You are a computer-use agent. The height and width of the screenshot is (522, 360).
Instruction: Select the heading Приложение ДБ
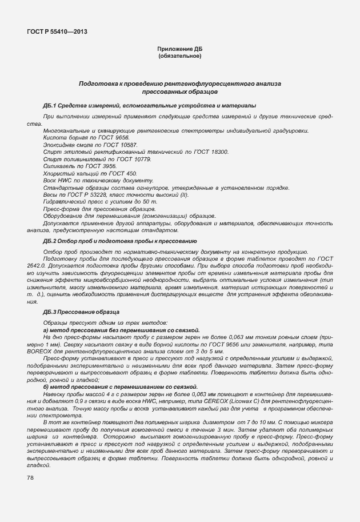[x=180, y=50]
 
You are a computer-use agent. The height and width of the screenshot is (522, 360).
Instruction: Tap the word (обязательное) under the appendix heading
[x=180, y=56]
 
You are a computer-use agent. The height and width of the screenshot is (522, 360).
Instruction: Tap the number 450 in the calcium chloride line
[x=130, y=173]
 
